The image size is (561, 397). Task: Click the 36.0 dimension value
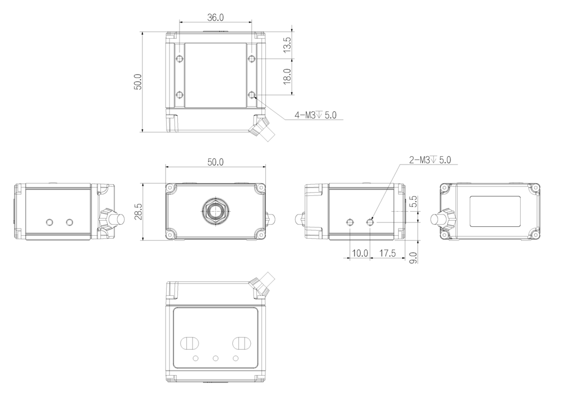(215, 17)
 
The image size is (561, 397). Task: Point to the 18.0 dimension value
(287, 76)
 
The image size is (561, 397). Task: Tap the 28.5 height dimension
(138, 211)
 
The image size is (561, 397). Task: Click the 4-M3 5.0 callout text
(315, 115)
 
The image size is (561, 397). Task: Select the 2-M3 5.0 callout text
(430, 159)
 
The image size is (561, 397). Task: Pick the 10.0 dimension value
(360, 253)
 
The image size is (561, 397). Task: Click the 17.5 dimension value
(388, 253)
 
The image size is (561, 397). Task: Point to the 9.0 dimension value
(413, 258)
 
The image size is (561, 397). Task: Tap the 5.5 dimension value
(413, 202)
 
